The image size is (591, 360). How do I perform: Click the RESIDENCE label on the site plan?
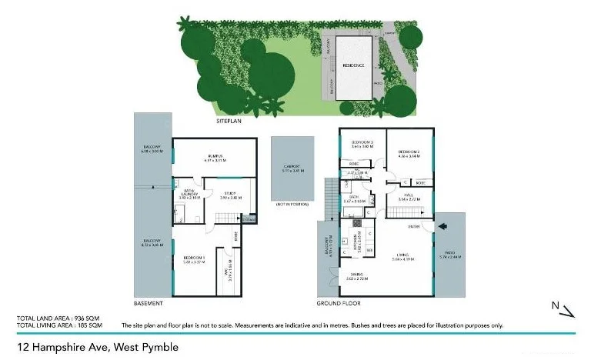point(353,65)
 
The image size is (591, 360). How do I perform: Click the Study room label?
point(230,195)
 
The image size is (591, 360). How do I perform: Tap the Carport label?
point(292,167)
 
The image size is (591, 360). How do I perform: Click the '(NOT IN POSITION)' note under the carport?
point(292,204)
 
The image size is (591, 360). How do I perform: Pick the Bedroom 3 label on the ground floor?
point(362,144)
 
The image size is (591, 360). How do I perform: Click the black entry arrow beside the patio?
point(442,226)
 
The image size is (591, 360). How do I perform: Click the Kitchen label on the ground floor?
point(356,242)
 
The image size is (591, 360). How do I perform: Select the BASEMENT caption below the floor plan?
point(148,304)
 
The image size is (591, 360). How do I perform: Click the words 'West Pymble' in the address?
point(145,347)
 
